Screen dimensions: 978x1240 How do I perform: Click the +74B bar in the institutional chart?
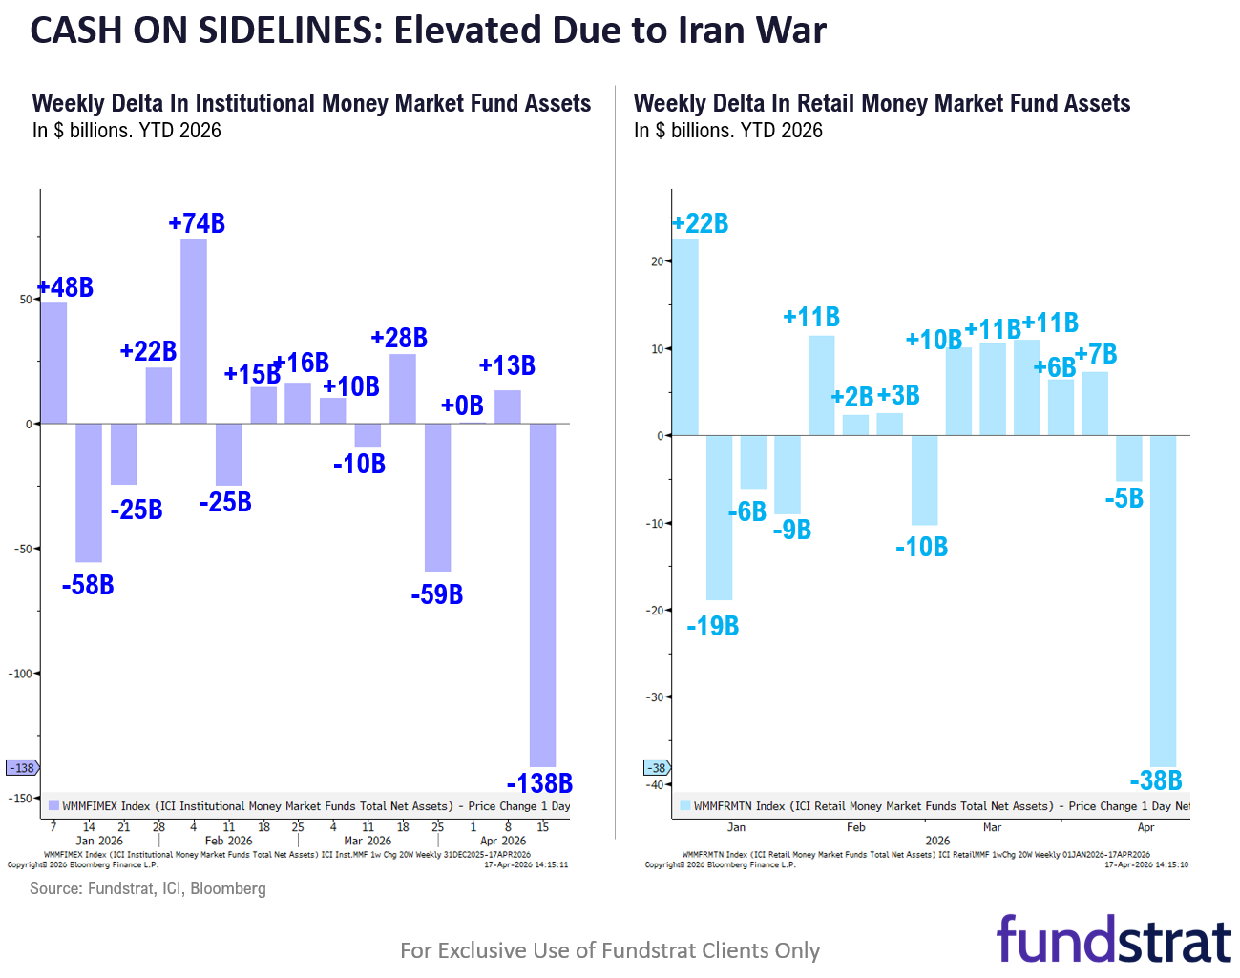[194, 331]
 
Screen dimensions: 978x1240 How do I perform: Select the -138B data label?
[539, 783]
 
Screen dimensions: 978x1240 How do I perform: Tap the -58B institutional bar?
[89, 492]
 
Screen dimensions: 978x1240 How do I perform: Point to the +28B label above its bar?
[399, 338]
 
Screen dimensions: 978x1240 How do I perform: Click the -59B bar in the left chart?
[437, 497]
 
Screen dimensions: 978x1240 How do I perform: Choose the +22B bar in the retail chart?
[685, 337]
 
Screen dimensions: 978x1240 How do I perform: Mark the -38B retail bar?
[1163, 600]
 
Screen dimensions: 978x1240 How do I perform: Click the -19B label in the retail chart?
[713, 626]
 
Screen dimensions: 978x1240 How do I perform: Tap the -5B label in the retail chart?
[1124, 498]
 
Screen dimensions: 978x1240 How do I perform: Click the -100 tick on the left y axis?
[21, 674]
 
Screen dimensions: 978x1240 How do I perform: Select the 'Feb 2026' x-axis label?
[228, 841]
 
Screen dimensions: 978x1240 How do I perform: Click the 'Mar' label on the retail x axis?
[992, 827]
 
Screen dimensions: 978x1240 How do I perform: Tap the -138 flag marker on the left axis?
[22, 768]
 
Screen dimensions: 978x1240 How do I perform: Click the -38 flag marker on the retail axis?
[657, 768]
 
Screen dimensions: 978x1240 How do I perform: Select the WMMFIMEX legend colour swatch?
[54, 805]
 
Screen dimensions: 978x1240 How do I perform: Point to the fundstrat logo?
[1113, 940]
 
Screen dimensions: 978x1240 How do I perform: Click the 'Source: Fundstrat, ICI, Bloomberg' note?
[148, 888]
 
